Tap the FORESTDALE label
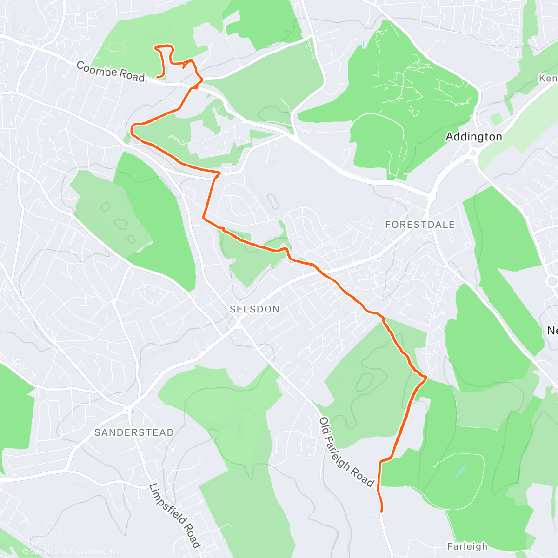(x=420, y=225)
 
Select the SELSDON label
(x=254, y=309)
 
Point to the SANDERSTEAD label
(x=134, y=432)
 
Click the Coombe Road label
(x=110, y=72)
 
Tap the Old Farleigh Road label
(x=346, y=452)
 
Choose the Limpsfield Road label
(x=175, y=516)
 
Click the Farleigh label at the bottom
(x=467, y=546)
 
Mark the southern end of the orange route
(x=382, y=511)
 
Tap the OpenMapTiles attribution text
(x=48, y=552)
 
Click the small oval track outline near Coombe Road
(x=116, y=47)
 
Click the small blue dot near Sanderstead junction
(x=133, y=411)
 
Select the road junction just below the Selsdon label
(x=239, y=323)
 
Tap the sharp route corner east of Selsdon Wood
(x=425, y=377)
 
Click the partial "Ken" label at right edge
(x=548, y=78)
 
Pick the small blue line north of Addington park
(x=362, y=45)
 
